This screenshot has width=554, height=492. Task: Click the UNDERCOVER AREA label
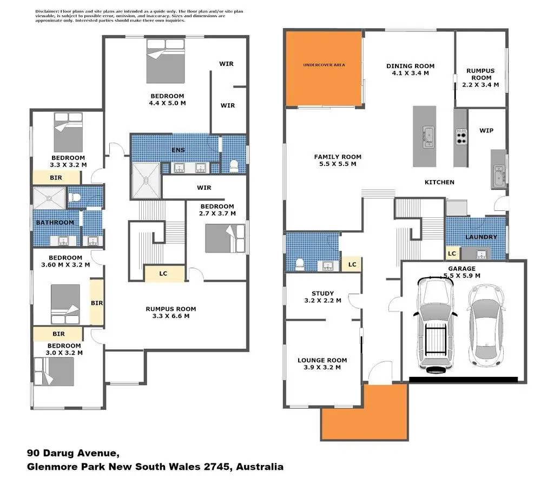pos(324,65)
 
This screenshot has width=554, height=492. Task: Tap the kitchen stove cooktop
pos(461,137)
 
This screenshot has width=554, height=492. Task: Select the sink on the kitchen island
pos(428,137)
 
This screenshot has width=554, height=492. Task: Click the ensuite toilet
pos(234,166)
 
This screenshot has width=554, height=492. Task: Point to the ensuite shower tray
pos(146,180)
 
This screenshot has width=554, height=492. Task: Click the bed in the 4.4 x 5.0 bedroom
pos(166,61)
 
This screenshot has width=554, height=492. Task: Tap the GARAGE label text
pos(462,269)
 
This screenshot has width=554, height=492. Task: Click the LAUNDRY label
pos(481,237)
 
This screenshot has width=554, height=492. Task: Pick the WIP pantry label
pos(486,131)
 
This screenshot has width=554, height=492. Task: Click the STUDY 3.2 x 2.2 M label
pos(322,297)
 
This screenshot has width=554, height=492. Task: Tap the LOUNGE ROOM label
pos(322,360)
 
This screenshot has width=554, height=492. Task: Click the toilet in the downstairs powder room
pos(299,264)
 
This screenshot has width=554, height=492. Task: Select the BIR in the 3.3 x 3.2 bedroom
pos(56,178)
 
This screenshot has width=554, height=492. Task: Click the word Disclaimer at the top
pos(47,11)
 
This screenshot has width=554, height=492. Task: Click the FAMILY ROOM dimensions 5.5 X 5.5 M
pos(338,164)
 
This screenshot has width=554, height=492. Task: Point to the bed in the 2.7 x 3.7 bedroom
pos(225,238)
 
